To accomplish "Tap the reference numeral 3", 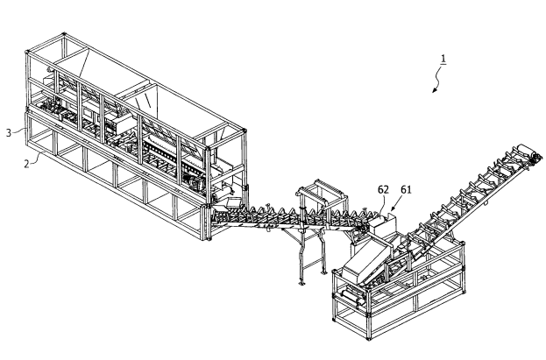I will (x=8, y=132).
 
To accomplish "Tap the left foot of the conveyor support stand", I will (x=301, y=280).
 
